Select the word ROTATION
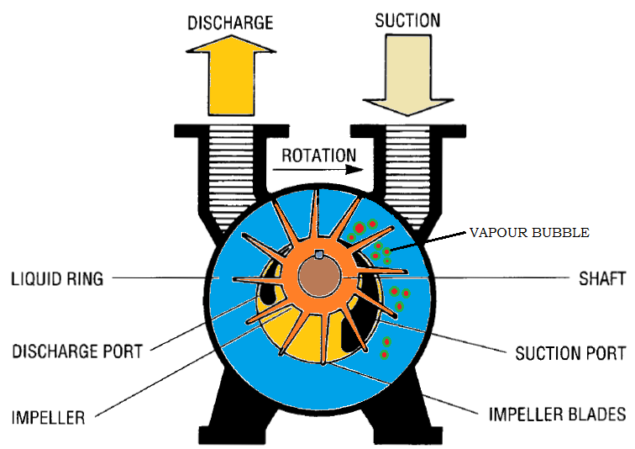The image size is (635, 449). [318, 156]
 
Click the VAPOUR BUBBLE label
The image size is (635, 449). [529, 232]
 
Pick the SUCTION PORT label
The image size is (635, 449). [570, 352]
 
